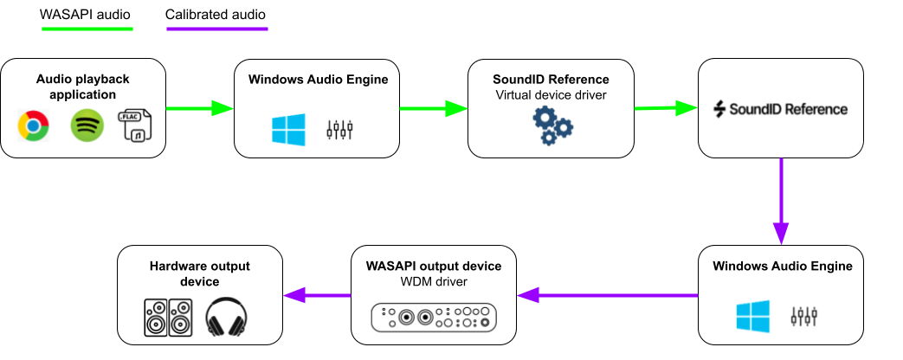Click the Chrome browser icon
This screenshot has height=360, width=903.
[34, 127]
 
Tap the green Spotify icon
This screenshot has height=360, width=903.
[87, 126]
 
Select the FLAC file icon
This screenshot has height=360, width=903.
[135, 125]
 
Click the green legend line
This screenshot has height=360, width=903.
[87, 29]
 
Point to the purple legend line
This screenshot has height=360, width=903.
[216, 29]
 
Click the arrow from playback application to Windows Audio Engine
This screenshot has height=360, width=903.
[199, 108]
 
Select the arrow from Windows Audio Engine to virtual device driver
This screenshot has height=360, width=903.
[433, 108]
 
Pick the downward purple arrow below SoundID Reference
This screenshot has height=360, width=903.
[781, 201]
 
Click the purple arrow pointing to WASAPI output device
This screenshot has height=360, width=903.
[608, 295]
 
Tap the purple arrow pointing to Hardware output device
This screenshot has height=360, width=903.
[317, 295]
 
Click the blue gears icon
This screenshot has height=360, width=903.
[551, 126]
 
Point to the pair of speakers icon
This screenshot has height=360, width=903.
[168, 318]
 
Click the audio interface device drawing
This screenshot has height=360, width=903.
[435, 317]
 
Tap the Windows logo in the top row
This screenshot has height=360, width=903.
[288, 130]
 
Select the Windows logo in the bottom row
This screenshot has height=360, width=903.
[752, 316]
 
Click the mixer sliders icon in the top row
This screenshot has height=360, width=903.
[339, 130]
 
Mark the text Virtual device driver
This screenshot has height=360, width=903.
[551, 94]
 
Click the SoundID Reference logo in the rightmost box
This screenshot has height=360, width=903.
[780, 109]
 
